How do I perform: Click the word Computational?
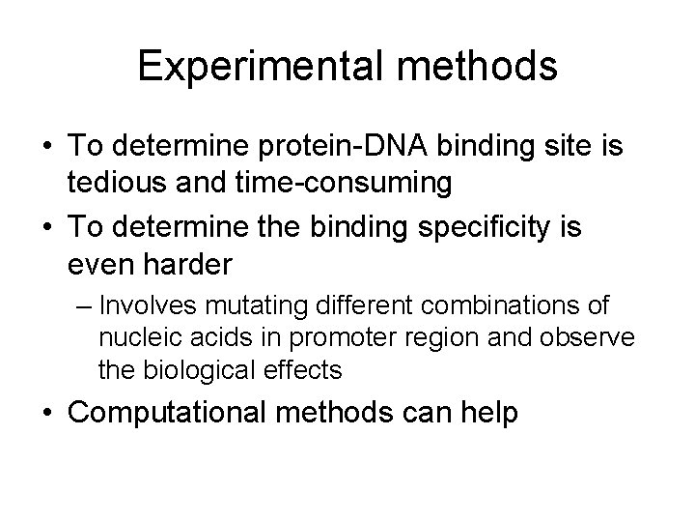[164, 412]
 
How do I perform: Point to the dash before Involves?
[84, 307]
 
